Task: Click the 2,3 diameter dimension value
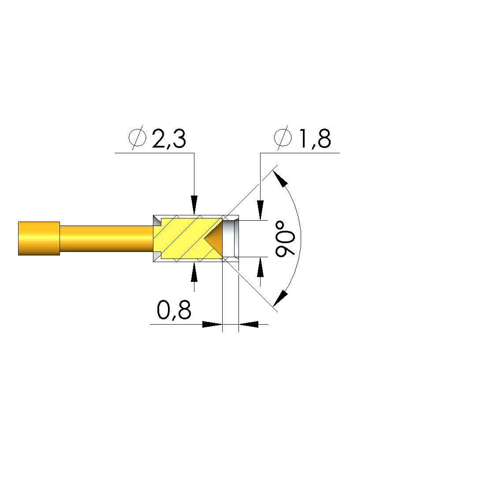tap(169, 139)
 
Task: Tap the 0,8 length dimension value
tap(174, 310)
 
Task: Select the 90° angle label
tap(285, 239)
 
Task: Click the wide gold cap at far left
tap(39, 239)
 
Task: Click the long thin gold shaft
tap(107, 239)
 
